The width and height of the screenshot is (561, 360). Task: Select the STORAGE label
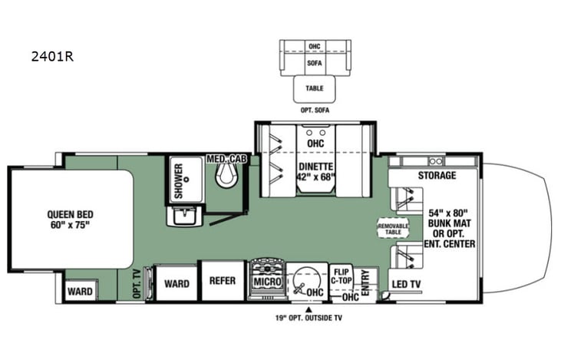click(437, 176)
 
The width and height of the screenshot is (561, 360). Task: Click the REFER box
click(221, 282)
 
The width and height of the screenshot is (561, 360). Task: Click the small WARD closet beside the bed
click(79, 292)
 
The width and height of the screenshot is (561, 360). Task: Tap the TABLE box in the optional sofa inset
click(315, 88)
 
